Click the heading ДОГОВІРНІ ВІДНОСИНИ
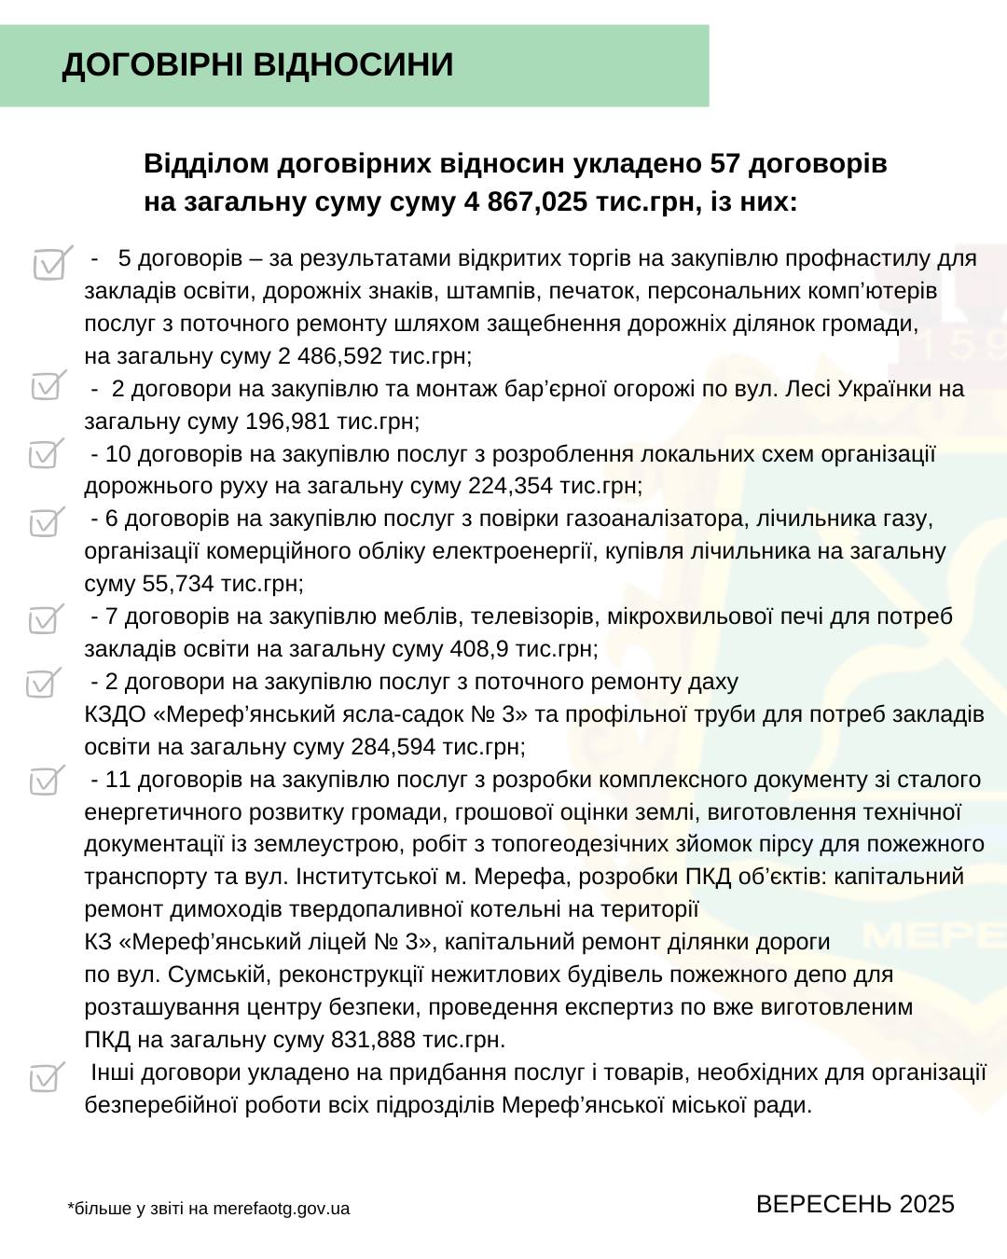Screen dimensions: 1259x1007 [257, 65]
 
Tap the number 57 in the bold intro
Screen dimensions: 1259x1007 [724, 164]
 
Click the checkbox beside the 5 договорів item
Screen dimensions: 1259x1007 [50, 264]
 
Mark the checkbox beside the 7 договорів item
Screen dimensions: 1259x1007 [45, 618]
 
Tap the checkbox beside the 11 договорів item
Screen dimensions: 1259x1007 [45, 780]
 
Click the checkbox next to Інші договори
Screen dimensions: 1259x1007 [45, 1077]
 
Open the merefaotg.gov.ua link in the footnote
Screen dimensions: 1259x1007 [281, 1209]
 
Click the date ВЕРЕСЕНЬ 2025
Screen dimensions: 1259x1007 [855, 1204]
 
